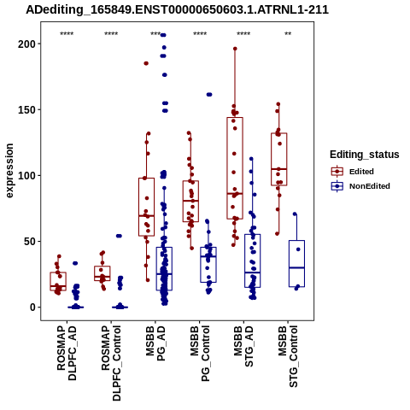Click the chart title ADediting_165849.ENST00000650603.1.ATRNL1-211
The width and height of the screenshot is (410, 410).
coord(177,9)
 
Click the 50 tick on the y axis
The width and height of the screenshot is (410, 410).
coord(31,241)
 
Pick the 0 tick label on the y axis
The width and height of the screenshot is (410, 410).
coord(33,307)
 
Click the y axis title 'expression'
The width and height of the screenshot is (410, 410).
coord(9,171)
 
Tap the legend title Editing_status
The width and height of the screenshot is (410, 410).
coord(365,155)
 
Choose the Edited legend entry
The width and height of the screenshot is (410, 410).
coord(353,172)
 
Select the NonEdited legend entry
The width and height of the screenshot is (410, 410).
coord(360,186)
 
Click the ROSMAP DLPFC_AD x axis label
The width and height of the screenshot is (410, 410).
coord(67,353)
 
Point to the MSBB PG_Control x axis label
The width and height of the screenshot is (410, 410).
coord(200,354)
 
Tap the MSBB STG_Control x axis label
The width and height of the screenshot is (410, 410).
coord(288,356)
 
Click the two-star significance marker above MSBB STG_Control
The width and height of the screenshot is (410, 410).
coord(288,34)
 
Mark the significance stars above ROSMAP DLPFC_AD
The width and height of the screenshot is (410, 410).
coord(67,34)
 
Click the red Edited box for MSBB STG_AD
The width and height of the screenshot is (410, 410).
coord(235,168)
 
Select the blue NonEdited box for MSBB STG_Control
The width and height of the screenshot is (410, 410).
coord(296,264)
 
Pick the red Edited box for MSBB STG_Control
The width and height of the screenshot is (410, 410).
coord(279,159)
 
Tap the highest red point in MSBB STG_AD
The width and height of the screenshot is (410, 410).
coord(235,49)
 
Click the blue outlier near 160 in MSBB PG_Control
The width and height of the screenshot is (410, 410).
coord(209,95)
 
